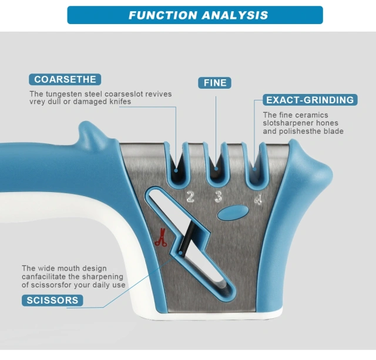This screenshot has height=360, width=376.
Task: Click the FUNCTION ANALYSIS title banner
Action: (x=195, y=15)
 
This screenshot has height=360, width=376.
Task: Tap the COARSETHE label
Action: (x=65, y=79)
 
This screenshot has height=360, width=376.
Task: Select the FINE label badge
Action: (x=214, y=83)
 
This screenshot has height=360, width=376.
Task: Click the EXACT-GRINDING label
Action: (x=310, y=100)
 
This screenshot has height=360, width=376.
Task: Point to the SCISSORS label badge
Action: (x=52, y=300)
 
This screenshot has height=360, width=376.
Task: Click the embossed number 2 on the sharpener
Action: (x=190, y=197)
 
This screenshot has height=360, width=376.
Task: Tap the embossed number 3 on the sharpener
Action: (x=219, y=197)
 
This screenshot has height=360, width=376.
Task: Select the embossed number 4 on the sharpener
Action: (x=258, y=200)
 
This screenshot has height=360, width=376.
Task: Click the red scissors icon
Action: (x=161, y=237)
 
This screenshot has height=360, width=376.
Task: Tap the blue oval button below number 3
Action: (x=233, y=213)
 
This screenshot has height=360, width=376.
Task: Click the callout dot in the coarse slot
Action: (x=176, y=170)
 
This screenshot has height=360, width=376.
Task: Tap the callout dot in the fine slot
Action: (x=216, y=169)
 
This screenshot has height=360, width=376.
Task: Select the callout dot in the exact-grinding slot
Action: (x=254, y=169)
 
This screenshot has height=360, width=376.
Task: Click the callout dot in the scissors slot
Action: (x=180, y=253)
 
